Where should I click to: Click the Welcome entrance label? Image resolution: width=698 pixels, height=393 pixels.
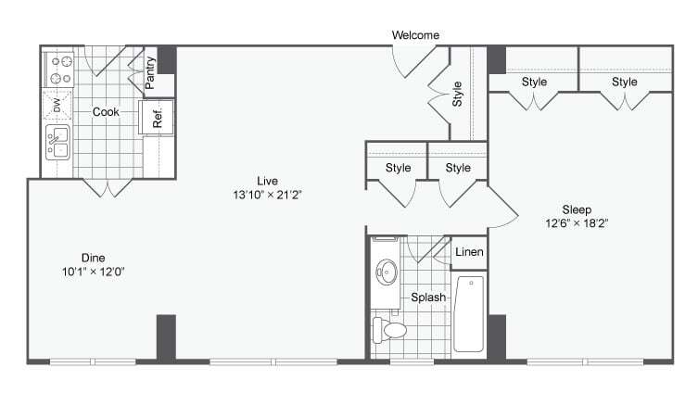pos(415,35)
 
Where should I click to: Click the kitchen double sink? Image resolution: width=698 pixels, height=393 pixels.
pos(57,144)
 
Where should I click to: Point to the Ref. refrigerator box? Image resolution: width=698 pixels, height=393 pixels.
pos(157,117)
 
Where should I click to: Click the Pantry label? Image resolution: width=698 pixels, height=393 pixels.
pos(150,75)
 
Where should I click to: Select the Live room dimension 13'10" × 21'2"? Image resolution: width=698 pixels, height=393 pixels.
pos(268,195)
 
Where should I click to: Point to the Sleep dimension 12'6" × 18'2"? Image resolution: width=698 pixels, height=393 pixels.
pos(576,223)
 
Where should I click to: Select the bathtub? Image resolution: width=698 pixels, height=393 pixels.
pos(470,313)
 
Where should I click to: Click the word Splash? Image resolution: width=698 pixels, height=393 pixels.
pos(429,298)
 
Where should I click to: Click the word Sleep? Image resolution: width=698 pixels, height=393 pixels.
pos(576,209)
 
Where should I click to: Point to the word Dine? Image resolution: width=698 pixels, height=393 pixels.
pos(92,258)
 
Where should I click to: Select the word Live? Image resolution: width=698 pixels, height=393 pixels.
pos(268,181)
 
